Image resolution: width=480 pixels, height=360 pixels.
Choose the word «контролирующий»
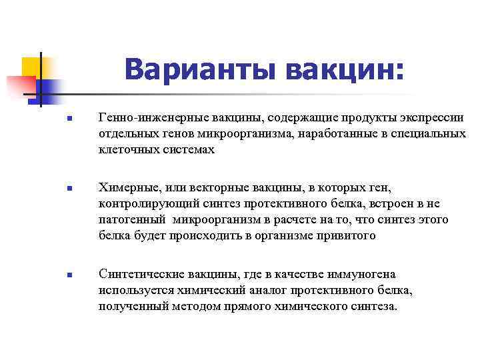tap(141, 203)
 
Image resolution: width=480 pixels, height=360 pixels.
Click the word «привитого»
tap(347, 235)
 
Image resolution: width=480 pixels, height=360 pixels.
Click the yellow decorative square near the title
tap(31, 67)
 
